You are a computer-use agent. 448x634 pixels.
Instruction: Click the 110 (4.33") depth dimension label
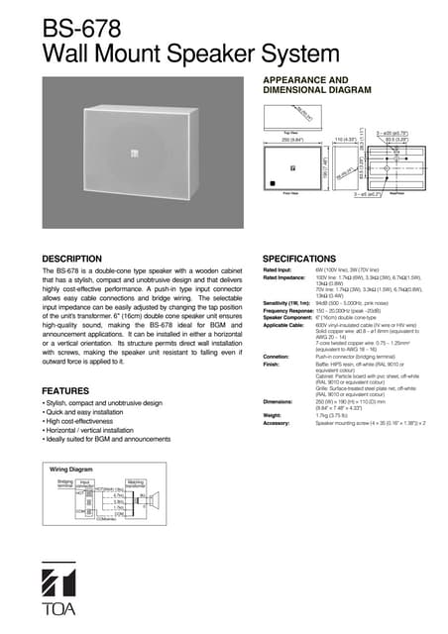point(347,140)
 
